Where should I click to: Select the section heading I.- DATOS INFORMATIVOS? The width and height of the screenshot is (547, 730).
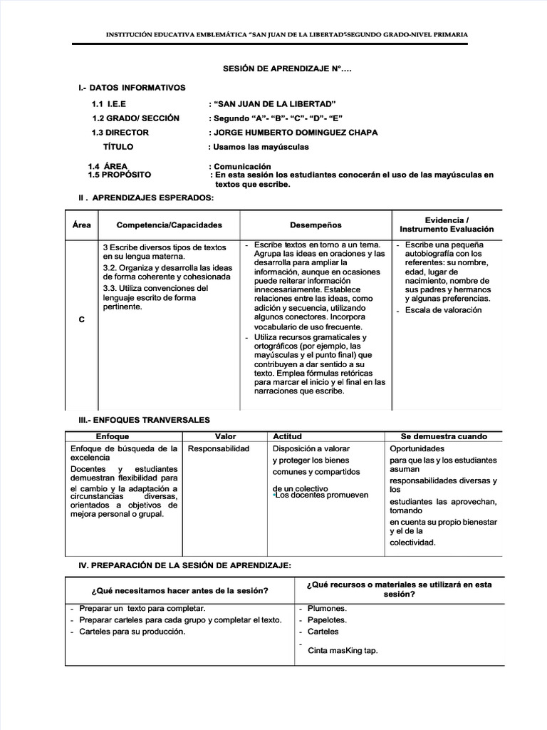click(x=132, y=88)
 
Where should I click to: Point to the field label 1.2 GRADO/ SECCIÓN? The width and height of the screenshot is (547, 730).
click(x=135, y=118)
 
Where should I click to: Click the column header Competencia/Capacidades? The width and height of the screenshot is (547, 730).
click(x=169, y=225)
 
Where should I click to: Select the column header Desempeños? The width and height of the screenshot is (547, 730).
click(x=316, y=225)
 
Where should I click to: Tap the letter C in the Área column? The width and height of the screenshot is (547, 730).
click(x=81, y=320)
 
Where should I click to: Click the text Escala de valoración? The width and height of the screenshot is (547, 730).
click(x=443, y=310)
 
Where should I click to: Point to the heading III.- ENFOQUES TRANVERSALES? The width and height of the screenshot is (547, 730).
click(x=144, y=421)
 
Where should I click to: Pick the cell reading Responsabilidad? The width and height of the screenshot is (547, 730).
click(x=219, y=449)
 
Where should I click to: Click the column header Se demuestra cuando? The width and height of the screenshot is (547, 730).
click(x=444, y=436)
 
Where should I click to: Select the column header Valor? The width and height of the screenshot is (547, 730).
click(x=225, y=436)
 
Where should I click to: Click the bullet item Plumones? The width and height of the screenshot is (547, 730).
click(x=327, y=609)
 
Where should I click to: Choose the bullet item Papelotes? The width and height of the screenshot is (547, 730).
click(x=327, y=620)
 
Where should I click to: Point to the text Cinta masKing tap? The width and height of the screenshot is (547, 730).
click(x=343, y=650)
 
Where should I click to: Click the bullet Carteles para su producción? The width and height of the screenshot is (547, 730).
click(x=132, y=632)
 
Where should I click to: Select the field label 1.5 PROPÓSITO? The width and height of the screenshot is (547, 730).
click(x=120, y=175)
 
